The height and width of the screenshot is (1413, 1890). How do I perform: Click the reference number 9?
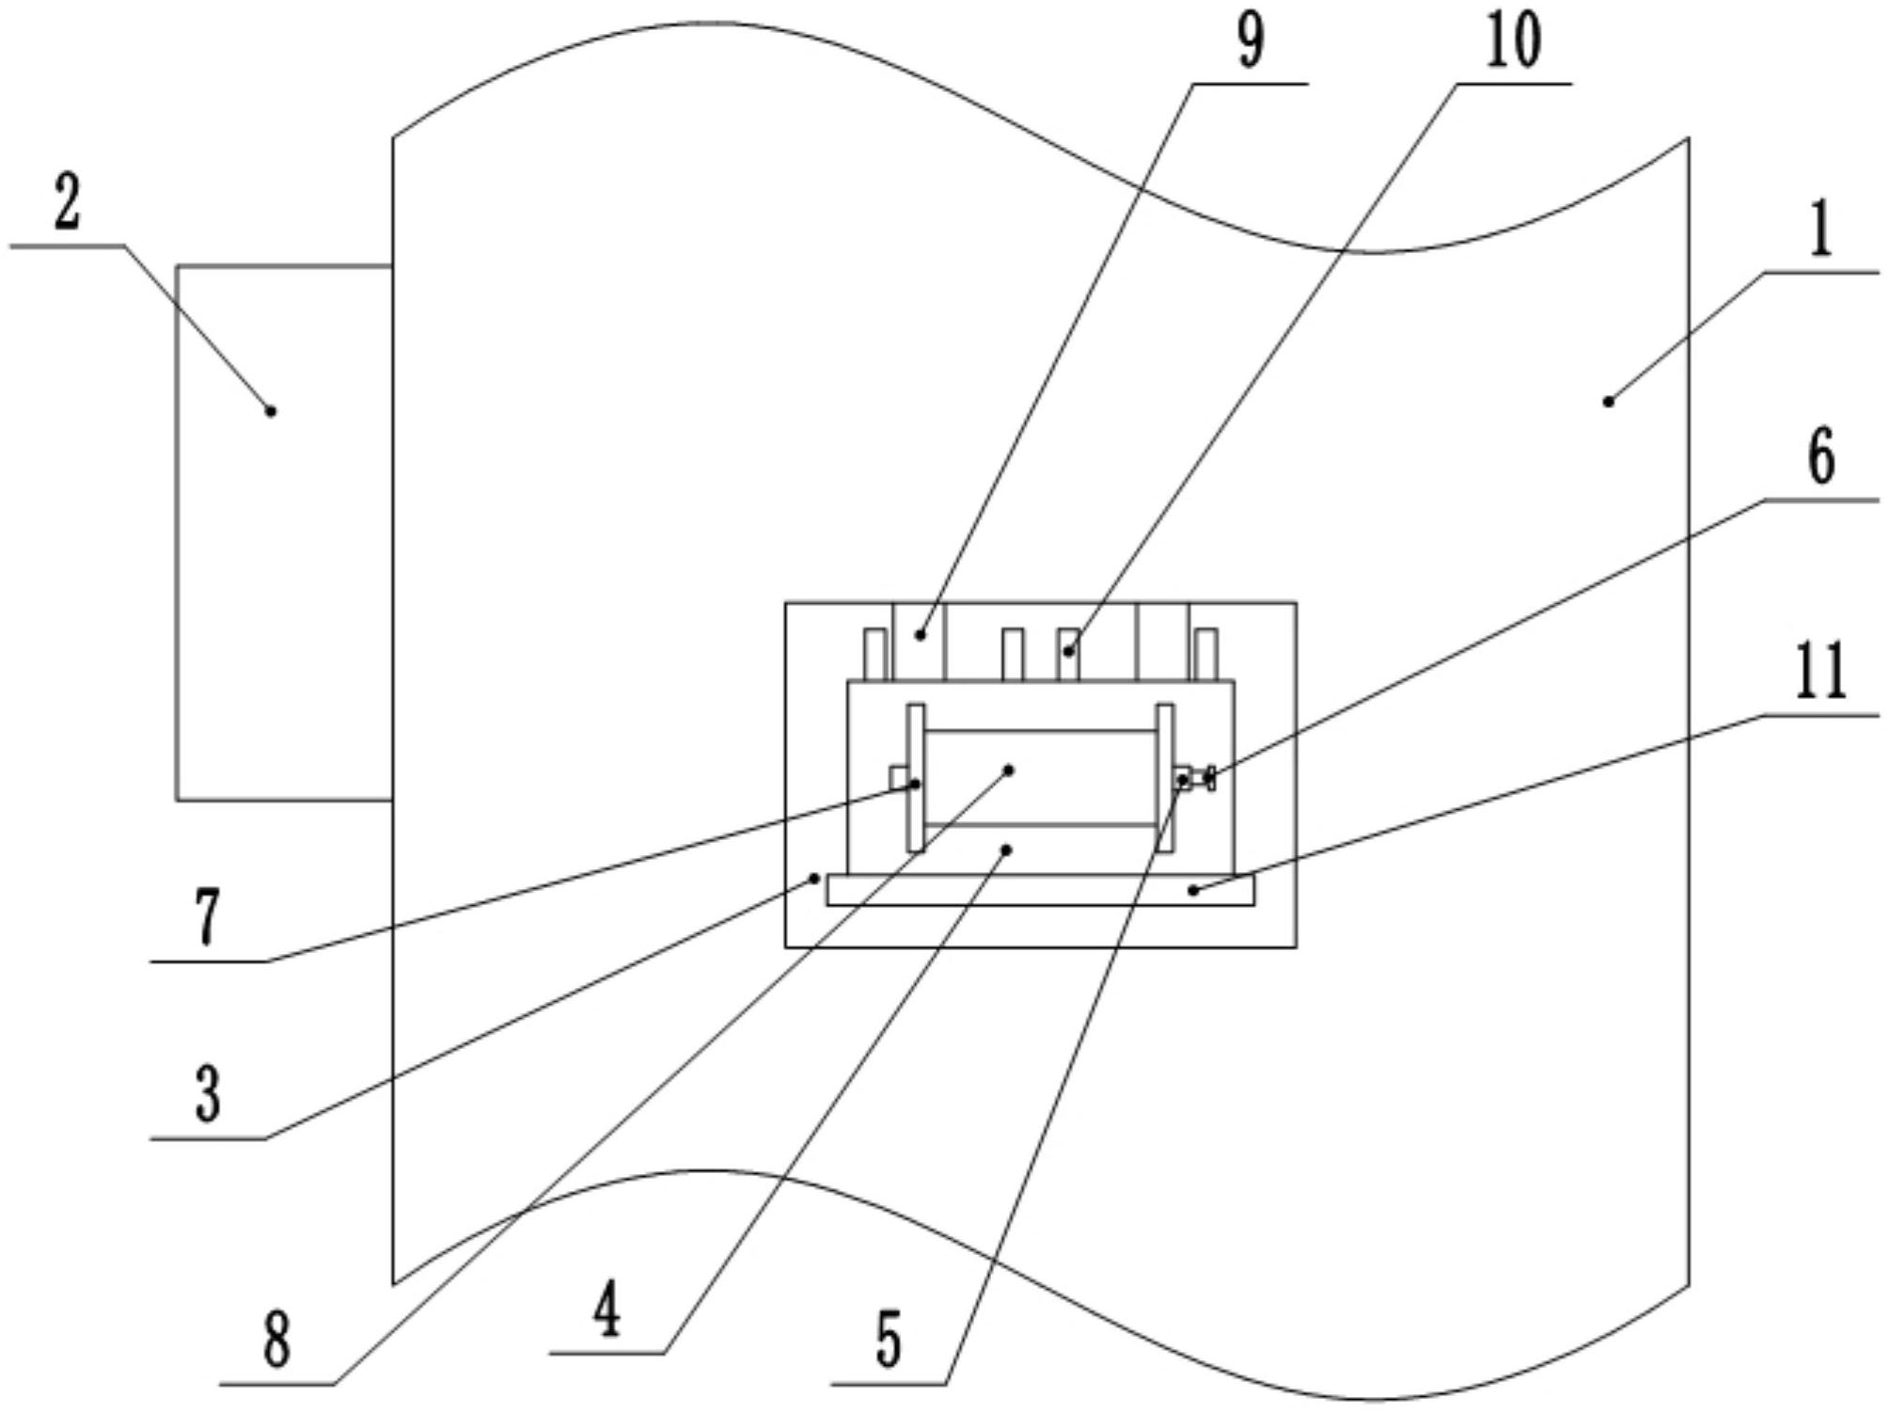tap(1250, 41)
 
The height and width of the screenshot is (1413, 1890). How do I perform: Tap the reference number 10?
tap(1514, 41)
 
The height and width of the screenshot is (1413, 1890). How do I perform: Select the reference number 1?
tap(1821, 231)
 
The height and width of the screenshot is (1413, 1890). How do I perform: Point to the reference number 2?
tap(67, 203)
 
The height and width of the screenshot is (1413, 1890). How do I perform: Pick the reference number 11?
tap(1821, 672)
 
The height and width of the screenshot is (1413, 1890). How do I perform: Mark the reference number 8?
tap(276, 1340)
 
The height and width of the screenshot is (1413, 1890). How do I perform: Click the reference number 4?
tap(607, 1310)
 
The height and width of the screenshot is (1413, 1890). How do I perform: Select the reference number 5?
tap(889, 1340)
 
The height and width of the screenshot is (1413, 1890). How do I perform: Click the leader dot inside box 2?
tap(271, 411)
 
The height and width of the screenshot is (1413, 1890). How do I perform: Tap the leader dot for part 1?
tap(1608, 402)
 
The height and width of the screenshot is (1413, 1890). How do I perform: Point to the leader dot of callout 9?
tap(921, 636)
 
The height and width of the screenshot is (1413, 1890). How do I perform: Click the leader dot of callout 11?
tap(1193, 889)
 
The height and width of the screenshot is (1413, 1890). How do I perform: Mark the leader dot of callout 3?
tap(815, 879)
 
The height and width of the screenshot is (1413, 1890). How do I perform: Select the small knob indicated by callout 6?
tap(1209, 778)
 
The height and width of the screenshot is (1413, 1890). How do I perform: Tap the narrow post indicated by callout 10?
tap(1068, 654)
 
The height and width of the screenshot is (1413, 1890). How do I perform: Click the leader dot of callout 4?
tap(1006, 849)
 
